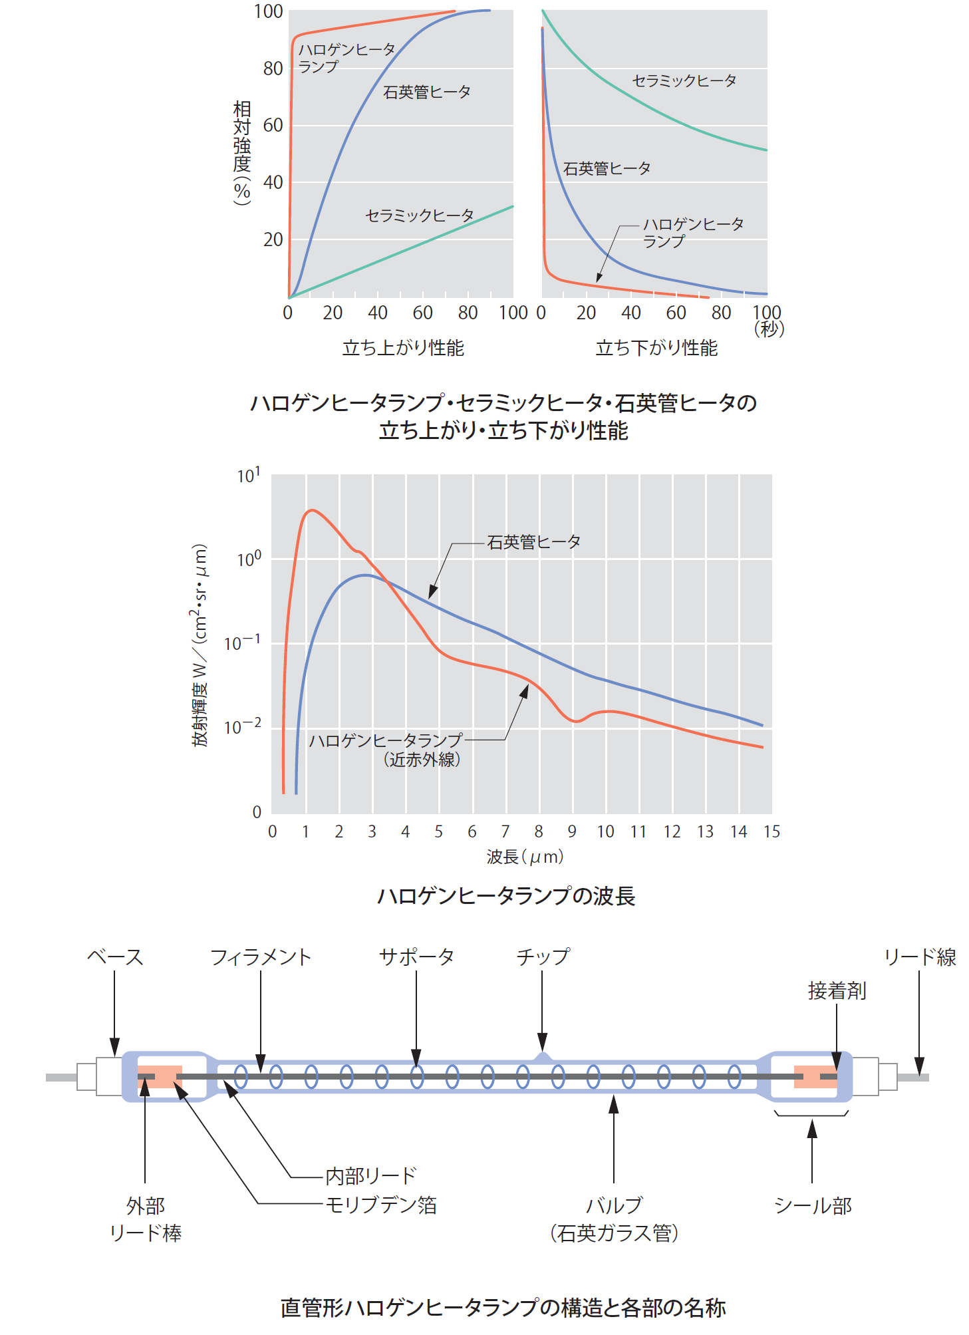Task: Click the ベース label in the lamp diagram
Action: pos(115,957)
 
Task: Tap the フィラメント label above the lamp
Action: pos(261,957)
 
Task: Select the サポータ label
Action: pos(416,957)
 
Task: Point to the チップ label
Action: pos(543,957)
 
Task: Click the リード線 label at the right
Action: pos(920,957)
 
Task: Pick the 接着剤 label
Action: pos(837,991)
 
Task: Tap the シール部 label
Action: pos(813,1205)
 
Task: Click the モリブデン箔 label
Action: pos(380,1205)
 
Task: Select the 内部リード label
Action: pos(370,1176)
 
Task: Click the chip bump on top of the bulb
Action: pos(543,1056)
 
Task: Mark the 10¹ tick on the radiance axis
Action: pos(249,476)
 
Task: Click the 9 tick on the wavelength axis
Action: pos(572,831)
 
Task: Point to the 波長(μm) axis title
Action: pos(525,857)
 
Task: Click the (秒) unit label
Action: pos(769,329)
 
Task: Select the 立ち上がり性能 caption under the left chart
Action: pos(403,348)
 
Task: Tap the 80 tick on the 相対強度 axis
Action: pos(273,69)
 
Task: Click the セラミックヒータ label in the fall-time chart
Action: pos(684,81)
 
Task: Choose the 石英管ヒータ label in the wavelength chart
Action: pos(533,543)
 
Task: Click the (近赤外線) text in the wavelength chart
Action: pos(421,760)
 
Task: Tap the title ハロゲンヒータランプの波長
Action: pos(505,896)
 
